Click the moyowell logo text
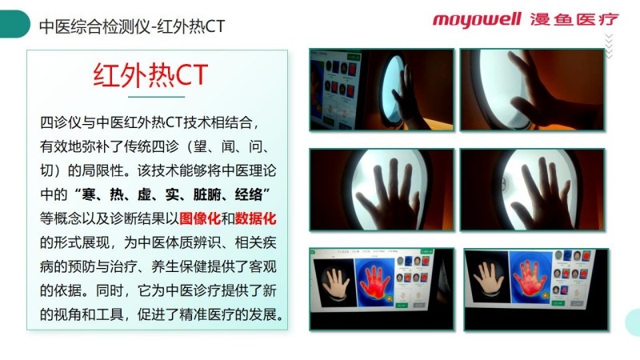click(477, 20)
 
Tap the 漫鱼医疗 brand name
click(574, 19)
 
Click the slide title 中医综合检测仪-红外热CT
click(132, 26)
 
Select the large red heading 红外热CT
click(150, 75)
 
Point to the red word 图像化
click(200, 218)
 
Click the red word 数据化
click(255, 218)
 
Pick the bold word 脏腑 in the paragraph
click(207, 194)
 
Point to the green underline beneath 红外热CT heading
click(156, 97)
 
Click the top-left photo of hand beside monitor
click(382, 90)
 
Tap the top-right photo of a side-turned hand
click(532, 90)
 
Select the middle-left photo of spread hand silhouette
click(382, 190)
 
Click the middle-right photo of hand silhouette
click(532, 190)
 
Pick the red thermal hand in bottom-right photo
click(530, 277)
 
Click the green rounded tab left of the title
click(15, 24)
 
